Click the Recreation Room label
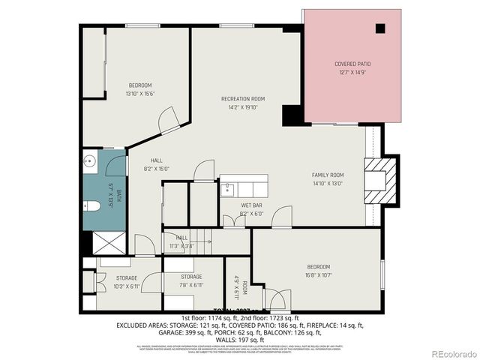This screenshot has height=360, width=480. point(242,99)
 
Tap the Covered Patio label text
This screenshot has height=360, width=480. point(352,64)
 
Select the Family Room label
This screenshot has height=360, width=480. point(328,175)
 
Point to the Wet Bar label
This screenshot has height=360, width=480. point(251,205)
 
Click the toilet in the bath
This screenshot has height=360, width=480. point(92,206)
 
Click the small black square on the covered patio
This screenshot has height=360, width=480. point(380,28)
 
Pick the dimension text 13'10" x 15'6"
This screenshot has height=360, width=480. point(139,94)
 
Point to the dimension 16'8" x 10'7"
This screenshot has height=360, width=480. point(318,274)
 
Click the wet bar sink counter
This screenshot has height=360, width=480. point(243,185)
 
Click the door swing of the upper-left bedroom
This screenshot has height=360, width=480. point(169,118)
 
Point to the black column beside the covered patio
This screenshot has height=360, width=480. point(292,115)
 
